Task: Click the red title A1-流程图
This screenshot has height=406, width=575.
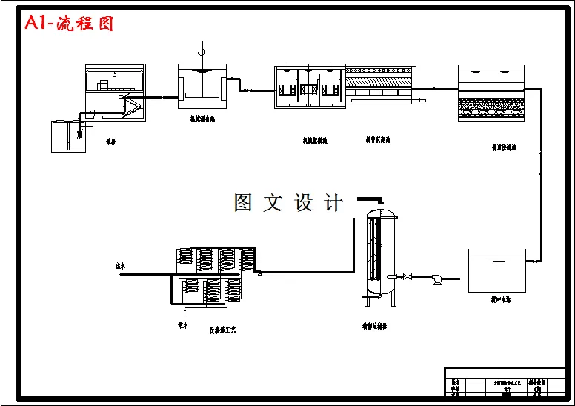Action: (70, 23)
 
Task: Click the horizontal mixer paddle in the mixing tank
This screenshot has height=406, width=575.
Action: (201, 95)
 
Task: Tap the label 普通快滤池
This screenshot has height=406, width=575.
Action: (504, 147)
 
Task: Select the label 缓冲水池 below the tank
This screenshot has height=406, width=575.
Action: (501, 301)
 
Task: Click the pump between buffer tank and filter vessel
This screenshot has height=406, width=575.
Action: (437, 279)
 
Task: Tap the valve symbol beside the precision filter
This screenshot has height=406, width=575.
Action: (407, 277)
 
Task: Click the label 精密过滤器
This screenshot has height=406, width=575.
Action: (376, 325)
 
